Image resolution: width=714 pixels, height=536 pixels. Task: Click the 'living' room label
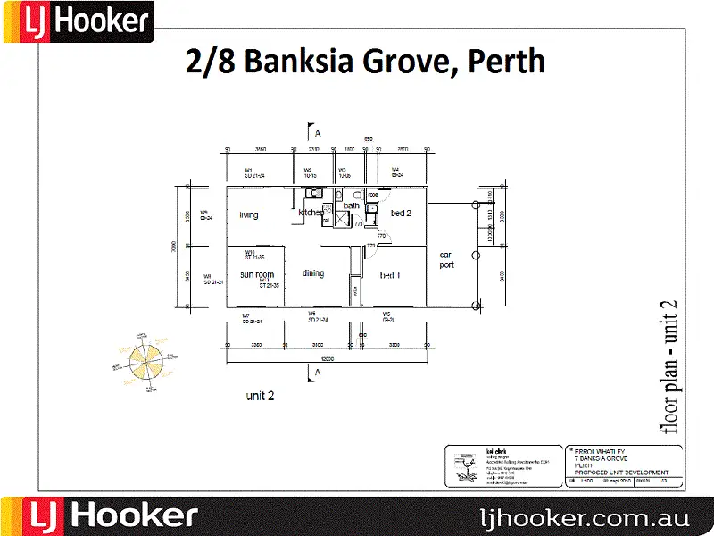coord(248,214)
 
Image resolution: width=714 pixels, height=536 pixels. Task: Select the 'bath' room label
coord(352,206)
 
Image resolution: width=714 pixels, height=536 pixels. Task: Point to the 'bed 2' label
coord(401,214)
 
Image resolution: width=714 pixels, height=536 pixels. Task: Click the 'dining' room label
coord(312,273)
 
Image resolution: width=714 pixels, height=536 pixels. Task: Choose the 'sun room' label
coord(256,274)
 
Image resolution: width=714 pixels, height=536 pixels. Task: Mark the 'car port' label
coord(446,260)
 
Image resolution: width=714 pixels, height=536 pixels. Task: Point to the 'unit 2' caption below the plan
coord(261,394)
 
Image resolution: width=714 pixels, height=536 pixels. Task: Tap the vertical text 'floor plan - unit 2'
coord(667,365)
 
